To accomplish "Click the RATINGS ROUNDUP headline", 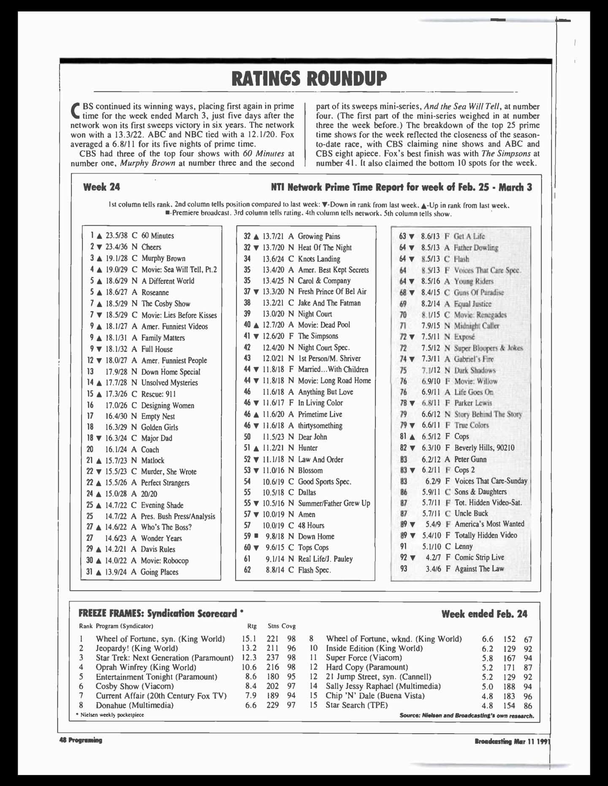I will click(x=309, y=78).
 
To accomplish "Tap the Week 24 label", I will click(x=101, y=187).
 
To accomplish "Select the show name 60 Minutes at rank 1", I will click(x=157, y=236).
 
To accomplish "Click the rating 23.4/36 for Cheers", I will click(x=116, y=247).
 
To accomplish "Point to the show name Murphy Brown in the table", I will click(x=163, y=258).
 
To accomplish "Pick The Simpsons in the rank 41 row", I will click(x=318, y=336).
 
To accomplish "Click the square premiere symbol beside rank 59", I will click(x=255, y=536).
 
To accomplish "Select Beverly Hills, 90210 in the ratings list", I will click(x=484, y=448).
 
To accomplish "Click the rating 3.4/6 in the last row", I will click(x=433, y=569).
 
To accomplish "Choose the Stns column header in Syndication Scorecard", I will click(x=273, y=626).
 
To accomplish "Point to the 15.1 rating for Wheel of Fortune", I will click(x=249, y=639).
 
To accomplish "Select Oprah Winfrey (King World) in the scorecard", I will click(x=146, y=667).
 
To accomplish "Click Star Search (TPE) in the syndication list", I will click(x=356, y=705).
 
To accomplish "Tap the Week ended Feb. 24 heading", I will click(x=484, y=614).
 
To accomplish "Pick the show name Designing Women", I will click(x=168, y=405).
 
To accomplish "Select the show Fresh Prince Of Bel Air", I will click(x=332, y=291).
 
